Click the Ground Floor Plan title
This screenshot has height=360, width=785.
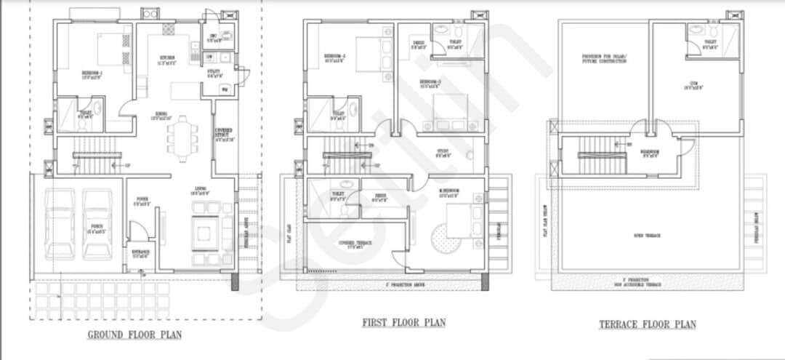coord(134,335)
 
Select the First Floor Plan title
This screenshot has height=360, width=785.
coord(403,322)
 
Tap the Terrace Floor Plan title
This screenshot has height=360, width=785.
coord(647,324)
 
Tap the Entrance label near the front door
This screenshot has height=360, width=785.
coord(140,255)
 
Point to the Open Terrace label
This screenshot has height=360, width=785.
coord(647,236)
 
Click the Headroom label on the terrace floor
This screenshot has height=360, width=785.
coord(649,153)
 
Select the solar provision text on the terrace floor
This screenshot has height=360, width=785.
coord(603,58)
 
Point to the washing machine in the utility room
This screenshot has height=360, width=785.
coord(224,89)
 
